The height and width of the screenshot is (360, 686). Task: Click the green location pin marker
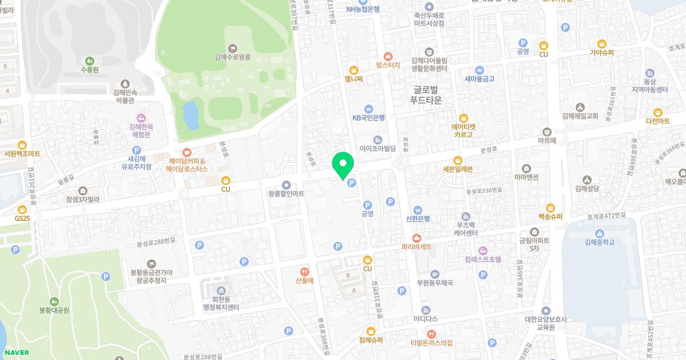tap(343, 166)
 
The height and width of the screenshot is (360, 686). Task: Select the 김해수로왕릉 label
tap(233, 57)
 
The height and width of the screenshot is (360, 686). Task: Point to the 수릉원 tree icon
tap(89, 61)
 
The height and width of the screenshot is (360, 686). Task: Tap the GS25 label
tap(22, 218)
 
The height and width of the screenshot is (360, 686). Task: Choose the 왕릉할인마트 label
tap(286, 194)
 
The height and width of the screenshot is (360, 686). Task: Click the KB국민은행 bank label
tap(369, 118)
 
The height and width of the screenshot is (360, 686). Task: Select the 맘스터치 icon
tap(388, 56)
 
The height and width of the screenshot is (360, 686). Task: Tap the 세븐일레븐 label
tap(458, 169)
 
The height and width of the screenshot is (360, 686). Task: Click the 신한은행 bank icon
tap(418, 209)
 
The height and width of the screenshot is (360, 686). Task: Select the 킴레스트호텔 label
tap(482, 259)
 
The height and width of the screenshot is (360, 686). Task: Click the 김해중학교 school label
tap(599, 242)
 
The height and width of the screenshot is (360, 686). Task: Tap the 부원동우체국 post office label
tap(435, 282)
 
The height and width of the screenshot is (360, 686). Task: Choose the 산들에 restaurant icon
tap(305, 272)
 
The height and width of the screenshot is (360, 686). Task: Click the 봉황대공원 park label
tap(54, 310)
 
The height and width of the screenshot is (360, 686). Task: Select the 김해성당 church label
tap(587, 188)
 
